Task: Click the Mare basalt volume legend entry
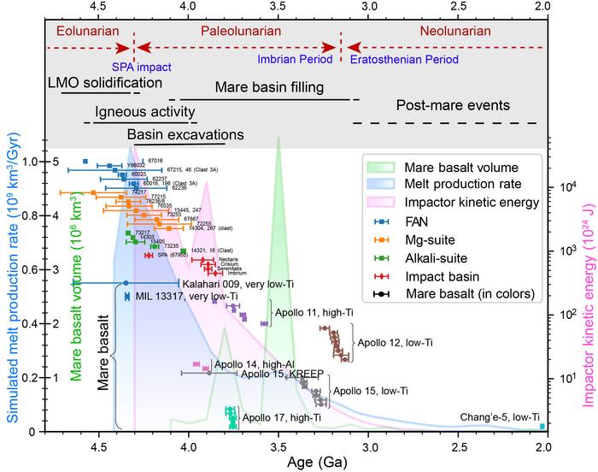point(466,165)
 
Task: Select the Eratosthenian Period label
point(402,61)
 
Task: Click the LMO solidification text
point(105,83)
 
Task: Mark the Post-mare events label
point(453,105)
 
